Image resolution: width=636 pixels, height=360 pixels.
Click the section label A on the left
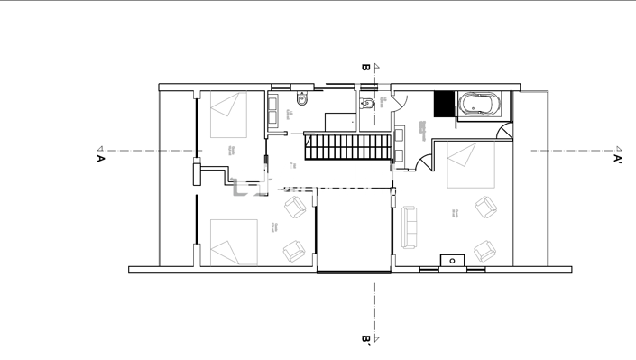(x=100, y=159)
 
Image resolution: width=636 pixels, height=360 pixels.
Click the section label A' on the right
(x=618, y=159)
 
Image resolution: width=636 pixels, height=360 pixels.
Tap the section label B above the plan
(x=365, y=67)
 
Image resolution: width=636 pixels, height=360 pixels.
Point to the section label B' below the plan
(x=365, y=339)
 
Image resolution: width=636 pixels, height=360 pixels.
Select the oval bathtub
(x=478, y=105)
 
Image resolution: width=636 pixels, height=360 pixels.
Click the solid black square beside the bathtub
(x=444, y=104)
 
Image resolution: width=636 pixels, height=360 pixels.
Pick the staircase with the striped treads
(x=346, y=146)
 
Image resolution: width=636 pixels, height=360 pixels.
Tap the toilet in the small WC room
(x=366, y=104)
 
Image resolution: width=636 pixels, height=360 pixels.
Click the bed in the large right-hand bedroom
(x=471, y=166)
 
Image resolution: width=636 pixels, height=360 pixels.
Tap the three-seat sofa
(x=410, y=226)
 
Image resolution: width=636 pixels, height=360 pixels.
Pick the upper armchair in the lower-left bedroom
(x=296, y=208)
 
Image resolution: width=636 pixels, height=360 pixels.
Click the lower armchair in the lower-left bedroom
(x=294, y=250)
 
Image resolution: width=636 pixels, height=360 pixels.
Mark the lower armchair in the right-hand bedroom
(x=484, y=250)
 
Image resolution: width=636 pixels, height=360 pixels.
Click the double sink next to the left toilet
(x=273, y=110)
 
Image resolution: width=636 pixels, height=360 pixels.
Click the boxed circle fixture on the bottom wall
(x=452, y=262)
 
